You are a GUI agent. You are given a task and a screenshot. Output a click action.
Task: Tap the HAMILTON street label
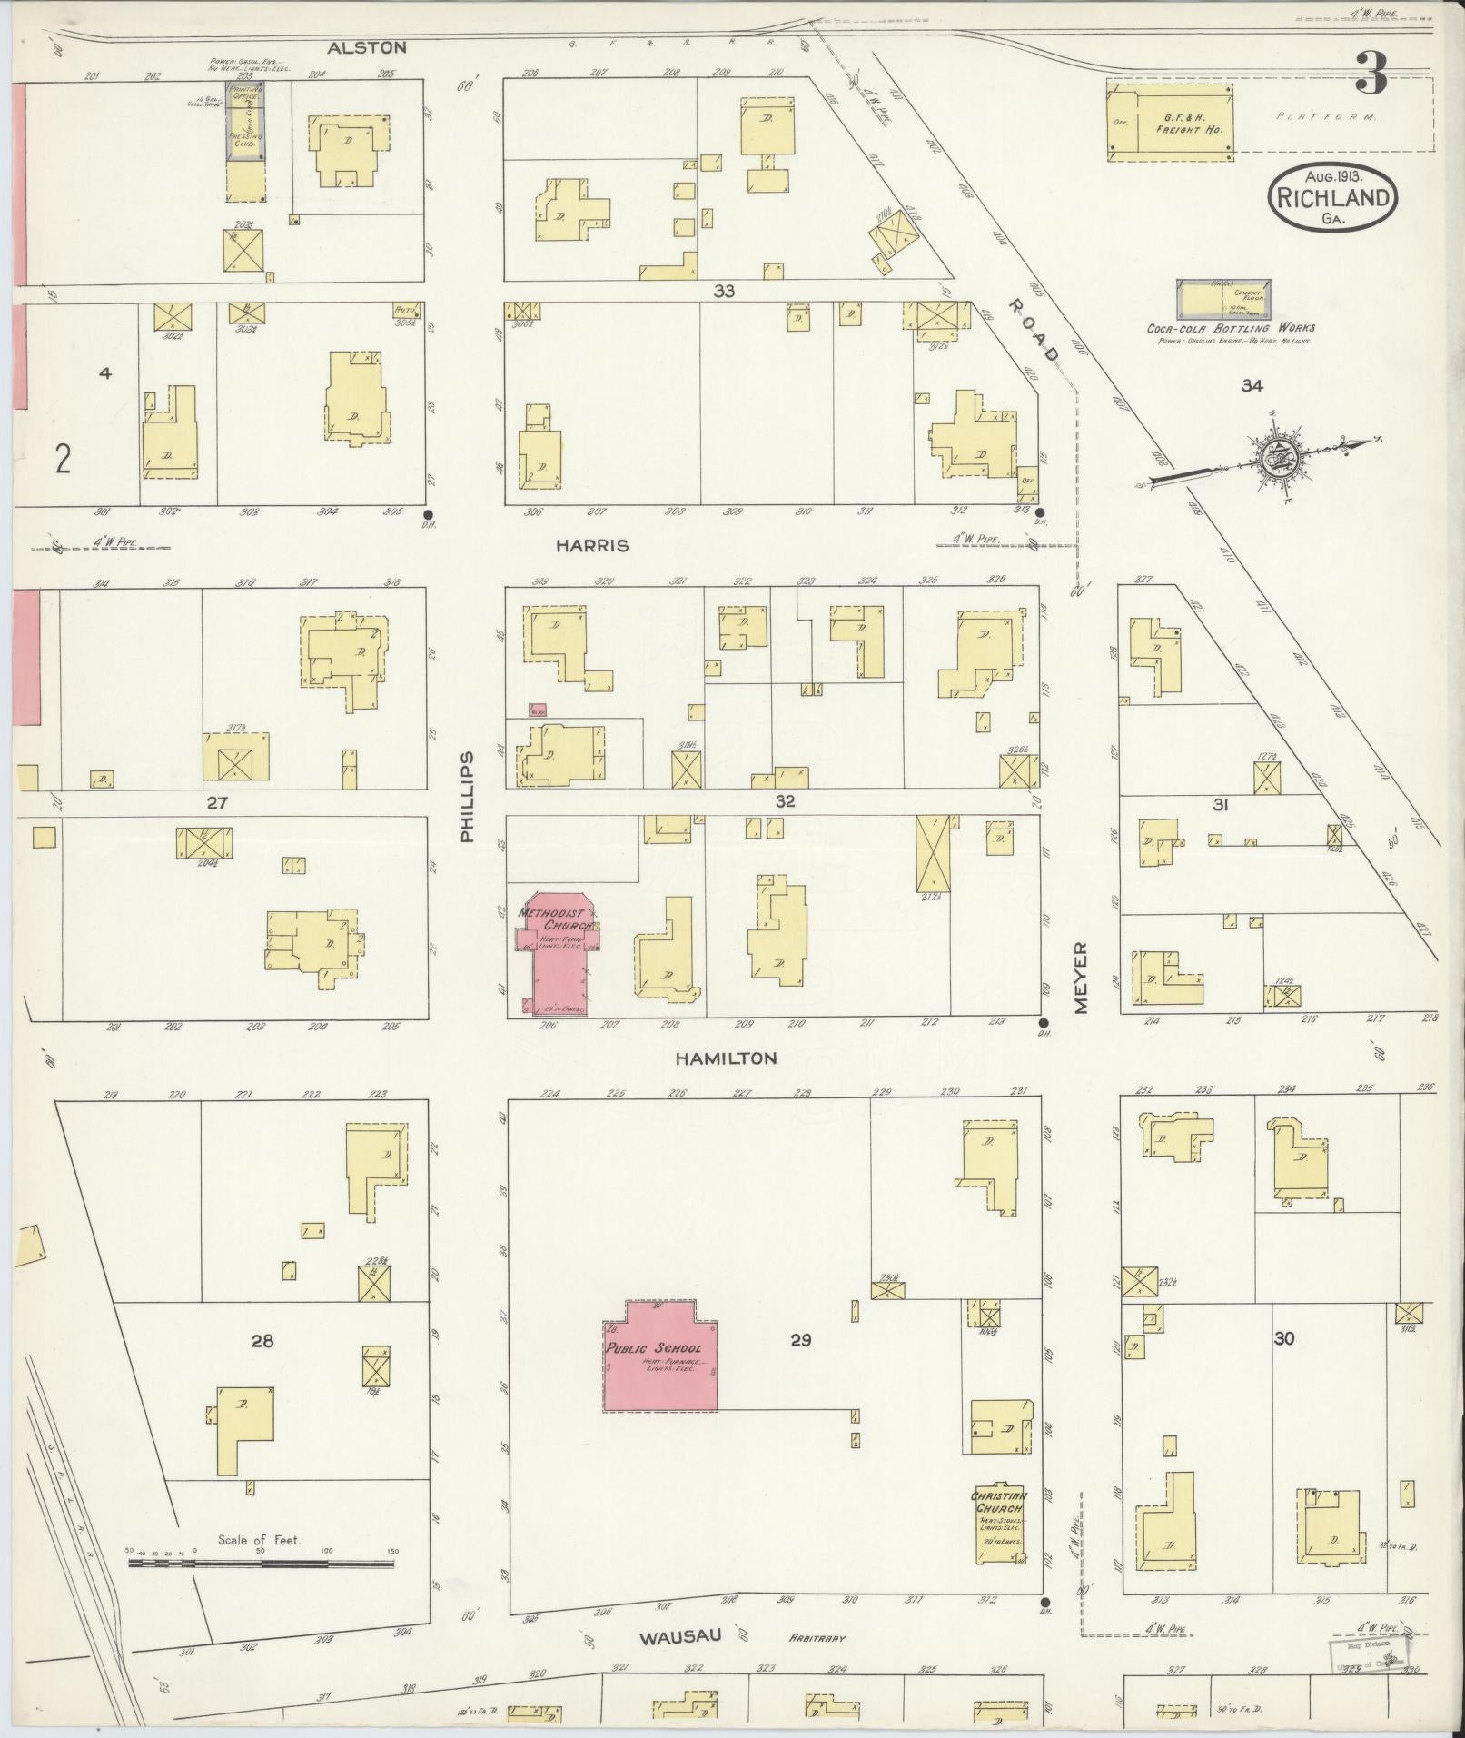(x=726, y=1058)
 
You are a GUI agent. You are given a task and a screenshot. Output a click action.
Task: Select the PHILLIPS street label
(x=467, y=797)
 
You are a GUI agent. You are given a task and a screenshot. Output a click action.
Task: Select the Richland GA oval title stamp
(x=1332, y=198)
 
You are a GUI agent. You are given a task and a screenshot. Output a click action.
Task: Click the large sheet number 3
(x=1371, y=74)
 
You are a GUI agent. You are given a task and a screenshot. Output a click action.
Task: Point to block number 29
(x=800, y=1340)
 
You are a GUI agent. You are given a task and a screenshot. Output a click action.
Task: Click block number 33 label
(x=723, y=291)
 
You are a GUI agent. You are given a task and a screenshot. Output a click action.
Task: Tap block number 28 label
(x=262, y=1340)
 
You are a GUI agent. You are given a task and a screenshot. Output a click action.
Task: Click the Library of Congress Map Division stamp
(x=1370, y=1654)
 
